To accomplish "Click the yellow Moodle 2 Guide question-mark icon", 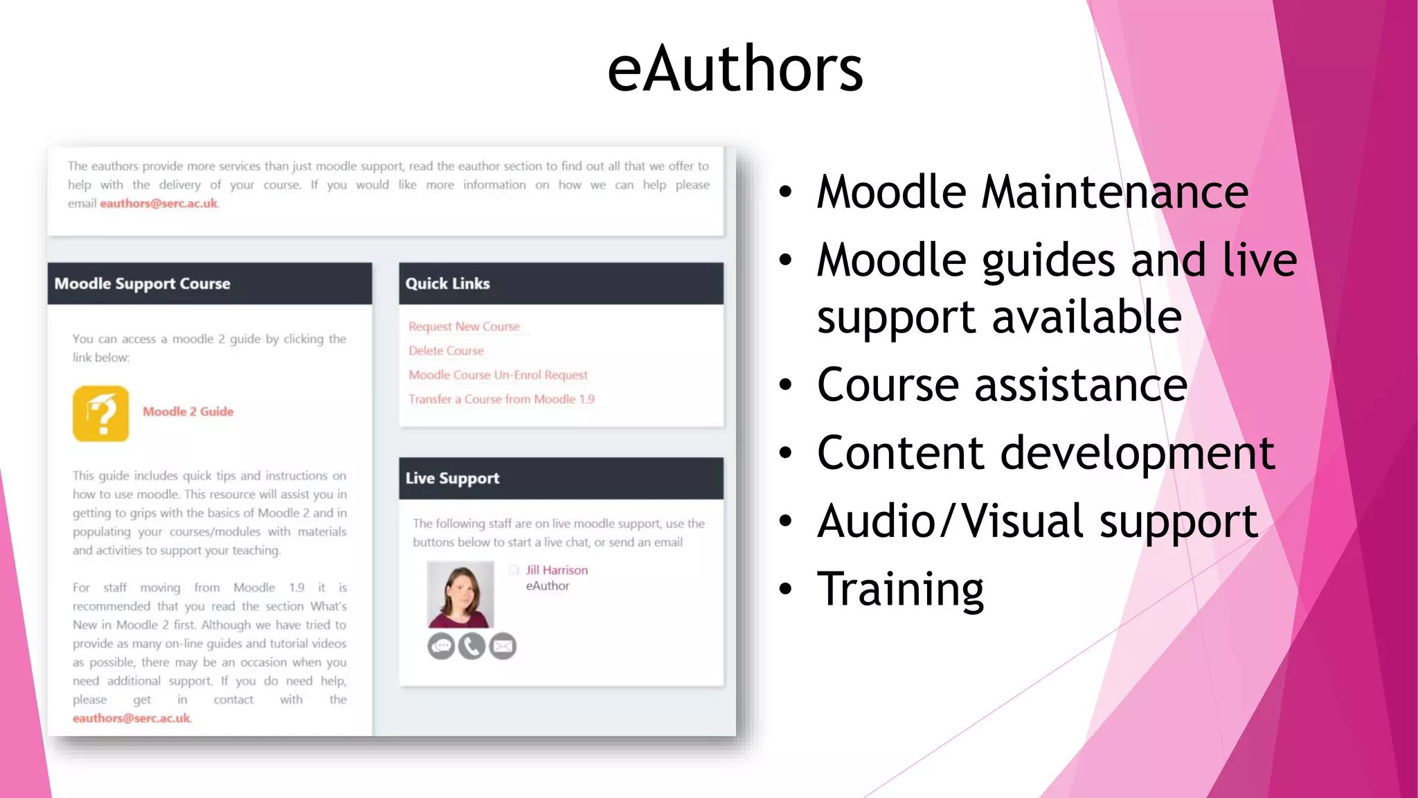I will (100, 414).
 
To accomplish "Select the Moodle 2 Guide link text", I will (188, 411).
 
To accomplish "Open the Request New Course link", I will (464, 326).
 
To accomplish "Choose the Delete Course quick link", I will (446, 351).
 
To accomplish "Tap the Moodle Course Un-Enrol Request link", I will (498, 375).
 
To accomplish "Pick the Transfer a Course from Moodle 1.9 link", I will (501, 399).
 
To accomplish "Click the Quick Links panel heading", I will (447, 283).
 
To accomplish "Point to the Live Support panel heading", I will (452, 478).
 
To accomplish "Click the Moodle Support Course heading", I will (142, 283).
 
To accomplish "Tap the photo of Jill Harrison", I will (460, 594).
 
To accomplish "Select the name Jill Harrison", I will (557, 570).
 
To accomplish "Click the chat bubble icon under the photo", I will (441, 646).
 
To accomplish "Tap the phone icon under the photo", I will (472, 646).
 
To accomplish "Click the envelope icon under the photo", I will (503, 646).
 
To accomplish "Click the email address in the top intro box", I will (159, 204).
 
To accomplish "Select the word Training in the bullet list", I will (900, 589).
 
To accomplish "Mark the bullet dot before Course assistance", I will (785, 385).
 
